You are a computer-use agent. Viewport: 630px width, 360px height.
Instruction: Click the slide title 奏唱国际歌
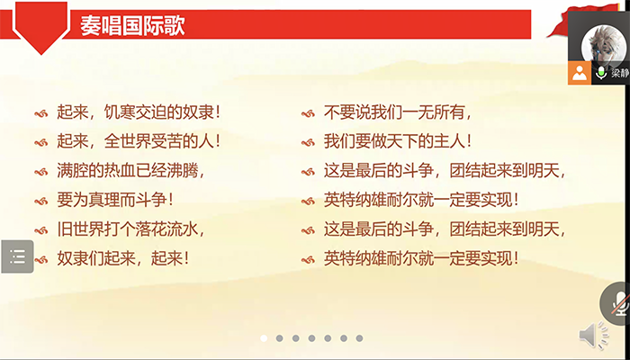click(x=132, y=25)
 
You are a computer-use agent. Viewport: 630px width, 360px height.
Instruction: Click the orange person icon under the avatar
click(x=580, y=73)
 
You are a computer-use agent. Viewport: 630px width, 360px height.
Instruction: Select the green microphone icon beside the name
click(x=601, y=73)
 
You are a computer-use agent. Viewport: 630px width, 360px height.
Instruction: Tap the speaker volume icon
click(x=593, y=336)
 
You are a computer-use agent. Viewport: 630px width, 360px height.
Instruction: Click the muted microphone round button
click(x=618, y=301)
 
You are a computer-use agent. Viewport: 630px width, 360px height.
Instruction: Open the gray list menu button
click(x=17, y=256)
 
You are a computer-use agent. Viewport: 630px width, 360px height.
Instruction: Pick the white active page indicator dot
click(x=265, y=338)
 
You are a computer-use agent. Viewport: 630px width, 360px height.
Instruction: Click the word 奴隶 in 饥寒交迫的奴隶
click(x=197, y=113)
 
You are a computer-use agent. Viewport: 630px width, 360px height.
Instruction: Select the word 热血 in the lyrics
click(x=112, y=170)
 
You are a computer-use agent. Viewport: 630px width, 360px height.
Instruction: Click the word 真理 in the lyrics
click(x=103, y=199)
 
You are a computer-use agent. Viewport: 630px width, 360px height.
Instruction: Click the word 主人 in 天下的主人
click(x=449, y=141)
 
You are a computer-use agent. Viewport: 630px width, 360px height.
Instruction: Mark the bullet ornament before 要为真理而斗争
click(x=40, y=200)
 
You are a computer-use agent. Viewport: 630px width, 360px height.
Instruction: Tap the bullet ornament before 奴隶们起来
click(x=40, y=258)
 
